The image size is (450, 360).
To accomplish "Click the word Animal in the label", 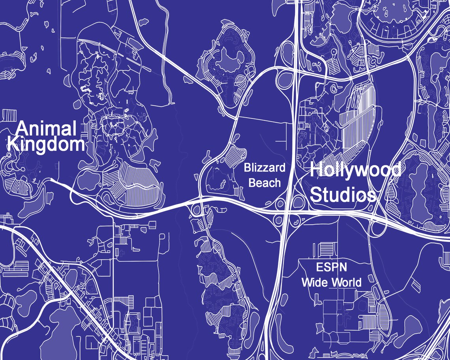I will [47, 129].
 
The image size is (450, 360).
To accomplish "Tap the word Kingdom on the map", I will [46, 144].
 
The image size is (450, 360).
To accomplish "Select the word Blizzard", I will [264, 168].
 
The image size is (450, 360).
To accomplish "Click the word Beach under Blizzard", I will [265, 183].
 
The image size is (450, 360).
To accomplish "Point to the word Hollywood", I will [355, 170].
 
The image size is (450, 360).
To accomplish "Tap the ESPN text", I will [332, 268].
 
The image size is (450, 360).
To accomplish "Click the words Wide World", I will [332, 283].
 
